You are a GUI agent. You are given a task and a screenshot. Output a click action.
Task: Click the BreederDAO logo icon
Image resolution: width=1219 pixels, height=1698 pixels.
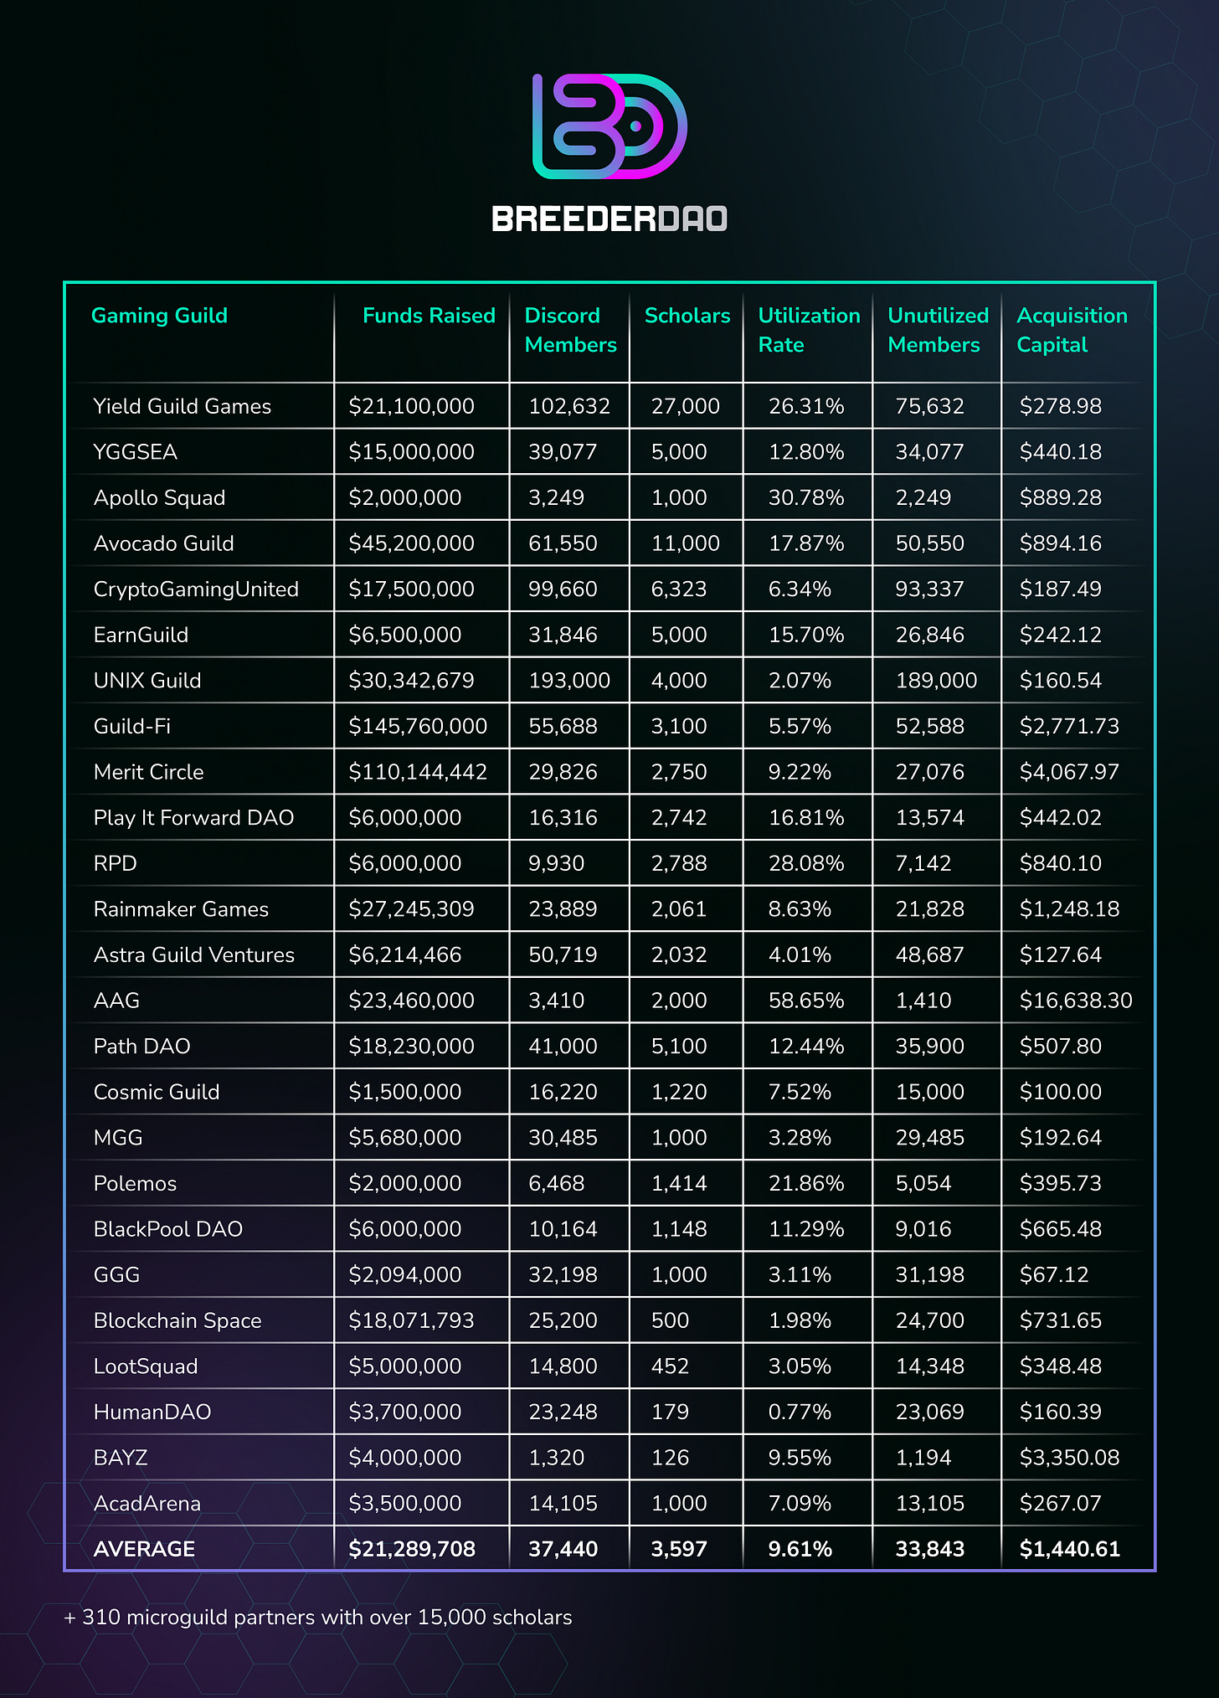click(x=609, y=126)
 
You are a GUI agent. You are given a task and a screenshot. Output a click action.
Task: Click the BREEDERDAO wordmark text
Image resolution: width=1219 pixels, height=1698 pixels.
click(x=609, y=219)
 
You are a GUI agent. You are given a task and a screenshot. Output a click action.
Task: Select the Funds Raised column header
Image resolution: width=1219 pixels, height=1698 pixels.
click(x=429, y=316)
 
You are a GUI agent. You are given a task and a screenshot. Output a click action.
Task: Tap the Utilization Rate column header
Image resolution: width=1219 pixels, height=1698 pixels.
click(x=808, y=330)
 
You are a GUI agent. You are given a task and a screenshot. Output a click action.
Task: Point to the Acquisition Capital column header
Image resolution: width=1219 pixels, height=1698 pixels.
click(x=1071, y=330)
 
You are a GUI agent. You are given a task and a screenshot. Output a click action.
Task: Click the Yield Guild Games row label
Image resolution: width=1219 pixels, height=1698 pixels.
click(x=183, y=407)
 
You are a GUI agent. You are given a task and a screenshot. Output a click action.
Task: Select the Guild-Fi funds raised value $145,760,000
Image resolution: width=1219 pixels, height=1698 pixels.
click(x=418, y=727)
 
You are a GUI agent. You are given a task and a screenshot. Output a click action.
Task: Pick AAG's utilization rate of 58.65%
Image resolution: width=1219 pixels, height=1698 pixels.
click(x=806, y=1001)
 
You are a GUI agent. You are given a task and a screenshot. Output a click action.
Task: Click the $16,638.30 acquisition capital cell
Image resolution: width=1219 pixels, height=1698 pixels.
click(x=1075, y=1001)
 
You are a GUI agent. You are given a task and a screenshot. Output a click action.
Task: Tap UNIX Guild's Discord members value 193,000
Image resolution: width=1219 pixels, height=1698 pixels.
click(x=569, y=681)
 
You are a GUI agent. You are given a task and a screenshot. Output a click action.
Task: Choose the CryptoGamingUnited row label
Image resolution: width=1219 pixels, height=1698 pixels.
click(x=196, y=589)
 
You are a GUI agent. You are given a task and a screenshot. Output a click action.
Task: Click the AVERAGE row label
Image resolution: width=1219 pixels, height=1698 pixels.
click(x=144, y=1550)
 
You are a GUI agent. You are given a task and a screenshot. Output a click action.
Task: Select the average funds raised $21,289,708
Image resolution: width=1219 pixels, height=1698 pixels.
click(x=412, y=1550)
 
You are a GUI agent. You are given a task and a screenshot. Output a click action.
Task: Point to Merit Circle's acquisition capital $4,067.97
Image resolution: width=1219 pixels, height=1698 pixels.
click(x=1069, y=772)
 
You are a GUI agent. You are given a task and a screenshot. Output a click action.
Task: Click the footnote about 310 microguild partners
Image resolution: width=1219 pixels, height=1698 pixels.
click(x=318, y=1618)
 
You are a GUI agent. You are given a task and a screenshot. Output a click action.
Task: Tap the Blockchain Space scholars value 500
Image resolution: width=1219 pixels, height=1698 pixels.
click(x=670, y=1321)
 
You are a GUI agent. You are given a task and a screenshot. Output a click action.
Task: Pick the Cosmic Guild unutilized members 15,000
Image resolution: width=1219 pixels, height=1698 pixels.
click(x=929, y=1093)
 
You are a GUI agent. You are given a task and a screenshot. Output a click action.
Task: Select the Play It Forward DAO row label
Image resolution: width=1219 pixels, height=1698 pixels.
click(x=193, y=818)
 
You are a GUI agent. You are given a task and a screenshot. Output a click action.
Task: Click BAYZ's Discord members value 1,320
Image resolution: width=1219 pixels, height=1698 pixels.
click(x=557, y=1459)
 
